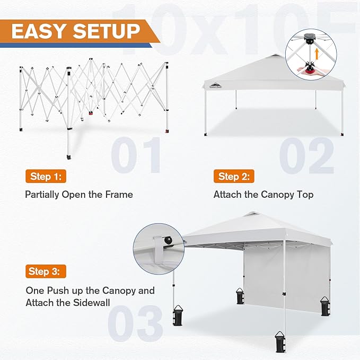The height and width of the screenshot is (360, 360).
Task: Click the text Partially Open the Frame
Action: [x=79, y=195]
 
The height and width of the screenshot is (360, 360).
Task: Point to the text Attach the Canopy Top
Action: [x=264, y=195]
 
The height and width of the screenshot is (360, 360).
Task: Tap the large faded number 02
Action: [x=307, y=155]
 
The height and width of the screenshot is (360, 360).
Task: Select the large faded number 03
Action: [x=135, y=322]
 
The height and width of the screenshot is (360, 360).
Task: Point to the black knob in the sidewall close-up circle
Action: [x=169, y=241]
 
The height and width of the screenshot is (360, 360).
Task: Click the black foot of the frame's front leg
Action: [x=69, y=157]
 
